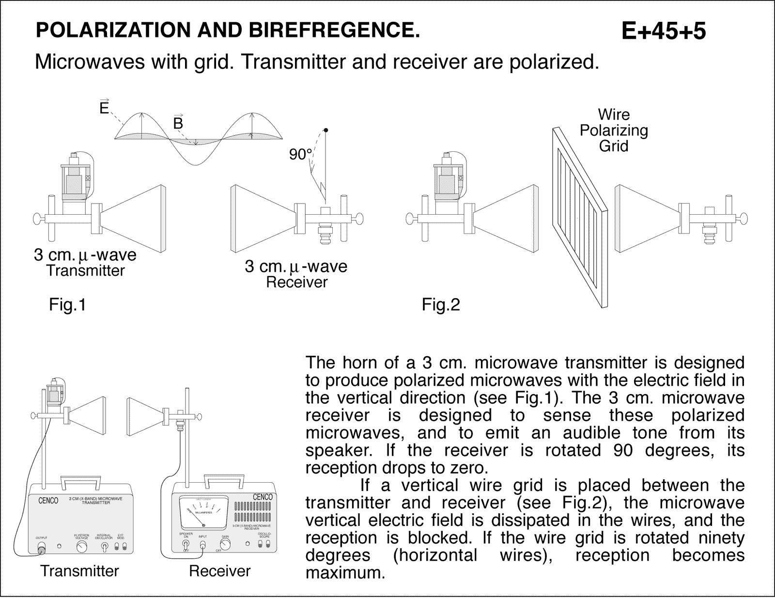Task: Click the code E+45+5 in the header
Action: pyautogui.click(x=663, y=32)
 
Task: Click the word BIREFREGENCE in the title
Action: pyautogui.click(x=334, y=30)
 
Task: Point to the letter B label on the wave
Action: pyautogui.click(x=178, y=124)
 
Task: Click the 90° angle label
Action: pyautogui.click(x=300, y=155)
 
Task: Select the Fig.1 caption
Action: pyautogui.click(x=67, y=305)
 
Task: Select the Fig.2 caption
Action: pyautogui.click(x=441, y=305)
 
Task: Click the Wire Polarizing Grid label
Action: pyautogui.click(x=614, y=130)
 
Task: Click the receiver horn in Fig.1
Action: pyautogui.click(x=262, y=218)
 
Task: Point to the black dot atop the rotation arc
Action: pyautogui.click(x=326, y=130)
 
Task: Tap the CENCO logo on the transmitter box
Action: pyautogui.click(x=48, y=501)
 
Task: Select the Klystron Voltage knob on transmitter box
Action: pyautogui.click(x=82, y=547)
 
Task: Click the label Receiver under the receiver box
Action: pyautogui.click(x=219, y=571)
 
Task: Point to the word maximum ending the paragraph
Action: pyautogui.click(x=345, y=573)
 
